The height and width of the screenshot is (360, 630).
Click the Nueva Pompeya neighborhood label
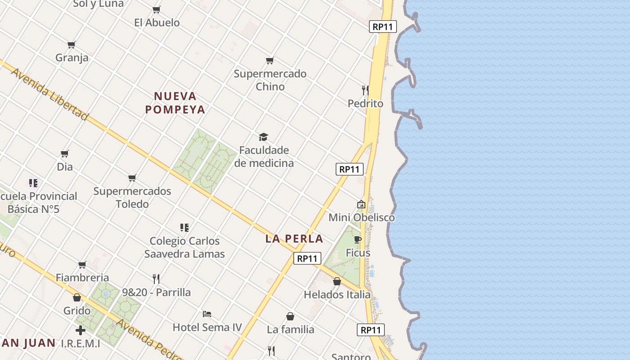click(175, 103)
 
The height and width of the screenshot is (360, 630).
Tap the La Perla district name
click(294, 239)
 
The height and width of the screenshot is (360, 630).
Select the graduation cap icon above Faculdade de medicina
click(263, 137)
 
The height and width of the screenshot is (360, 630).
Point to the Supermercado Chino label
click(270, 80)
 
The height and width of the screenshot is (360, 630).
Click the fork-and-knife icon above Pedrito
click(365, 90)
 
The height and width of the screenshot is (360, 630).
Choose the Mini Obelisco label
click(361, 218)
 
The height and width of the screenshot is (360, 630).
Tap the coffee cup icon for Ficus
click(358, 239)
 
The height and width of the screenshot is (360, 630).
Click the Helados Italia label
click(337, 295)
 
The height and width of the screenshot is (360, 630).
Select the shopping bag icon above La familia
click(290, 316)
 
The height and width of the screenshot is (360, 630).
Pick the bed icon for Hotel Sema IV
click(207, 314)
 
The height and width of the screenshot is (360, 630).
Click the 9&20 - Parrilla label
click(156, 292)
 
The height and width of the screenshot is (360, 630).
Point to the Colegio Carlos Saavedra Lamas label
click(184, 247)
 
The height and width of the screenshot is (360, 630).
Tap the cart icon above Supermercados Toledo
click(132, 178)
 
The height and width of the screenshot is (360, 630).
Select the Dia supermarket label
click(65, 167)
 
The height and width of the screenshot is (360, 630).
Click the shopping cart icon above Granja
click(72, 45)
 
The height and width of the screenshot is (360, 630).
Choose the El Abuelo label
click(157, 22)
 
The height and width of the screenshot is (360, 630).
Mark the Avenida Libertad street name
click(49, 94)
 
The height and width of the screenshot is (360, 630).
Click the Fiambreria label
click(82, 278)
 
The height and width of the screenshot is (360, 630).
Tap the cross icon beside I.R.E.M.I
click(81, 331)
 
